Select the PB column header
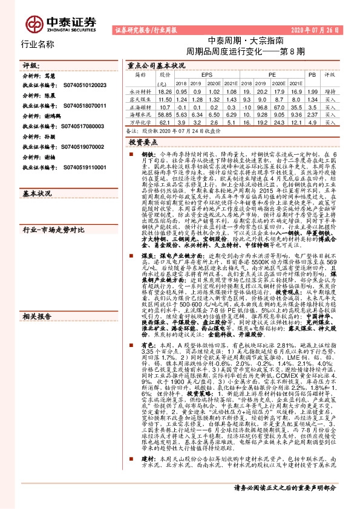coord(312,74)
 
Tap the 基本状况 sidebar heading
coord(36,193)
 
